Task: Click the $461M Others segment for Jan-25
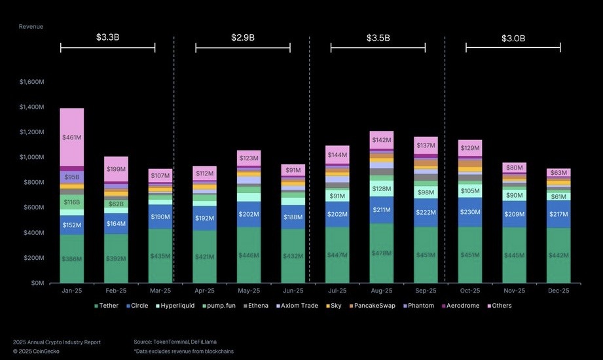tap(71, 137)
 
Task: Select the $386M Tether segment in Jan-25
tap(71, 259)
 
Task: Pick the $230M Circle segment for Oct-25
tap(470, 212)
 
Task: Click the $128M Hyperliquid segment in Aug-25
tap(382, 189)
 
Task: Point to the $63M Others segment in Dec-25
tap(558, 173)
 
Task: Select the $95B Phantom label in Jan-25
tap(71, 177)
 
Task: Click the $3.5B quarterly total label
tap(378, 37)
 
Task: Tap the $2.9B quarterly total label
tap(242, 37)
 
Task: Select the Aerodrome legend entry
tap(461, 306)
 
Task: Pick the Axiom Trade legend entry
tap(297, 306)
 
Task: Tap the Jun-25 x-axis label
tap(293, 290)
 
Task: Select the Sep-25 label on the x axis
tap(426, 290)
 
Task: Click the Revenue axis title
tap(31, 27)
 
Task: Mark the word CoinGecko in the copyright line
tap(43, 351)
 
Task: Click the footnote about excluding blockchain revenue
tap(183, 351)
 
